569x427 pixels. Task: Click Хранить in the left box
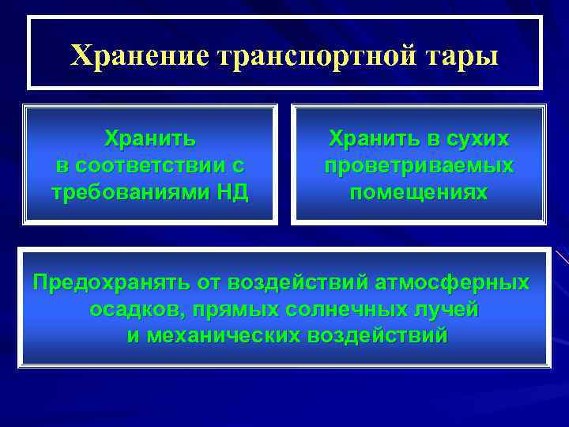(x=150, y=140)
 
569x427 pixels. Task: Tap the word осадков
(x=130, y=309)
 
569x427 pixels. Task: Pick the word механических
(x=222, y=335)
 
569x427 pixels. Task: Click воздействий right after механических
(x=377, y=335)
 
